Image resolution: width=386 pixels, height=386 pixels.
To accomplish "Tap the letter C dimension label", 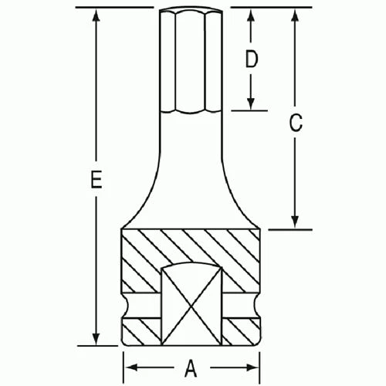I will (x=295, y=123).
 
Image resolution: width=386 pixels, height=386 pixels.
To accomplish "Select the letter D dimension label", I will (x=251, y=60).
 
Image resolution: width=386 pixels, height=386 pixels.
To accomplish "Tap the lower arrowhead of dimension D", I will (x=251, y=105).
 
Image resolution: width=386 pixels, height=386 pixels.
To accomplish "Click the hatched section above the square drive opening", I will (x=190, y=247).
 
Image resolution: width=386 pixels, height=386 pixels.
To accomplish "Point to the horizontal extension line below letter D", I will (x=249, y=110).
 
